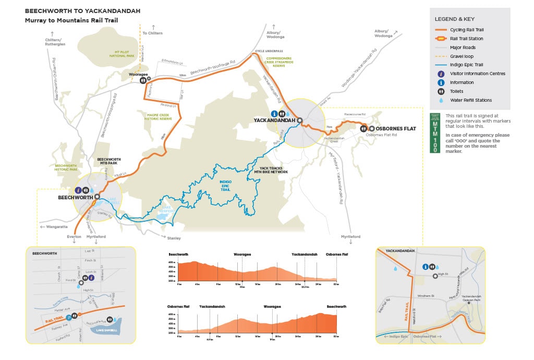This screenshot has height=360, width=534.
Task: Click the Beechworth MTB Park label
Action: coord(109,161)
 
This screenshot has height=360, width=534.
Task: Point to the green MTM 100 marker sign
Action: coord(434,133)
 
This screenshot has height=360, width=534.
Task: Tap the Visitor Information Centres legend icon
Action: coord(441,74)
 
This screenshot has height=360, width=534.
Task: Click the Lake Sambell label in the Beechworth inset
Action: coord(105,331)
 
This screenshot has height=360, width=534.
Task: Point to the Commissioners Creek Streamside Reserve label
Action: coord(278,62)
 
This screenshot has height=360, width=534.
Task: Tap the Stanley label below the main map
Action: coord(174,238)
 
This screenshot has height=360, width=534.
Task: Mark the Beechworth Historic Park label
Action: coord(66,167)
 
